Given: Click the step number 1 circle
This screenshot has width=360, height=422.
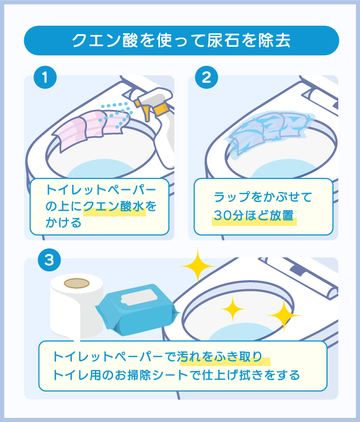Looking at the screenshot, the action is (x=45, y=78).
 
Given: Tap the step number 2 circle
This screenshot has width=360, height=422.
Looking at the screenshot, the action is (x=206, y=78).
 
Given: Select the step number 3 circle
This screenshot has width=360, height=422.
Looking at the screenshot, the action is (x=49, y=260).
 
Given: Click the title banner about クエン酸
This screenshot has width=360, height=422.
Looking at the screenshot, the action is (x=181, y=41).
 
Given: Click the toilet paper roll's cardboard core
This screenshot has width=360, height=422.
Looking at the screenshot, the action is (x=77, y=283).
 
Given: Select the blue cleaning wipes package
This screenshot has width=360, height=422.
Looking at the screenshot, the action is (x=137, y=309).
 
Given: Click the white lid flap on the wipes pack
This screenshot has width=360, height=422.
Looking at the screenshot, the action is (x=139, y=298).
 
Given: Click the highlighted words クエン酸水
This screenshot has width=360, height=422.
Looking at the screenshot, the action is (x=114, y=206).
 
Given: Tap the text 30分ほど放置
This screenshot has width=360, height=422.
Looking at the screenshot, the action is (x=254, y=215).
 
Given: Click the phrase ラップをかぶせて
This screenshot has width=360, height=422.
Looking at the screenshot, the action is (x=263, y=197).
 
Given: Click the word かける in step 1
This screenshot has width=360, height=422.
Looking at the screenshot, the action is (x=63, y=223).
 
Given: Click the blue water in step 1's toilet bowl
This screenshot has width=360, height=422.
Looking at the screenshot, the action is (x=100, y=169).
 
